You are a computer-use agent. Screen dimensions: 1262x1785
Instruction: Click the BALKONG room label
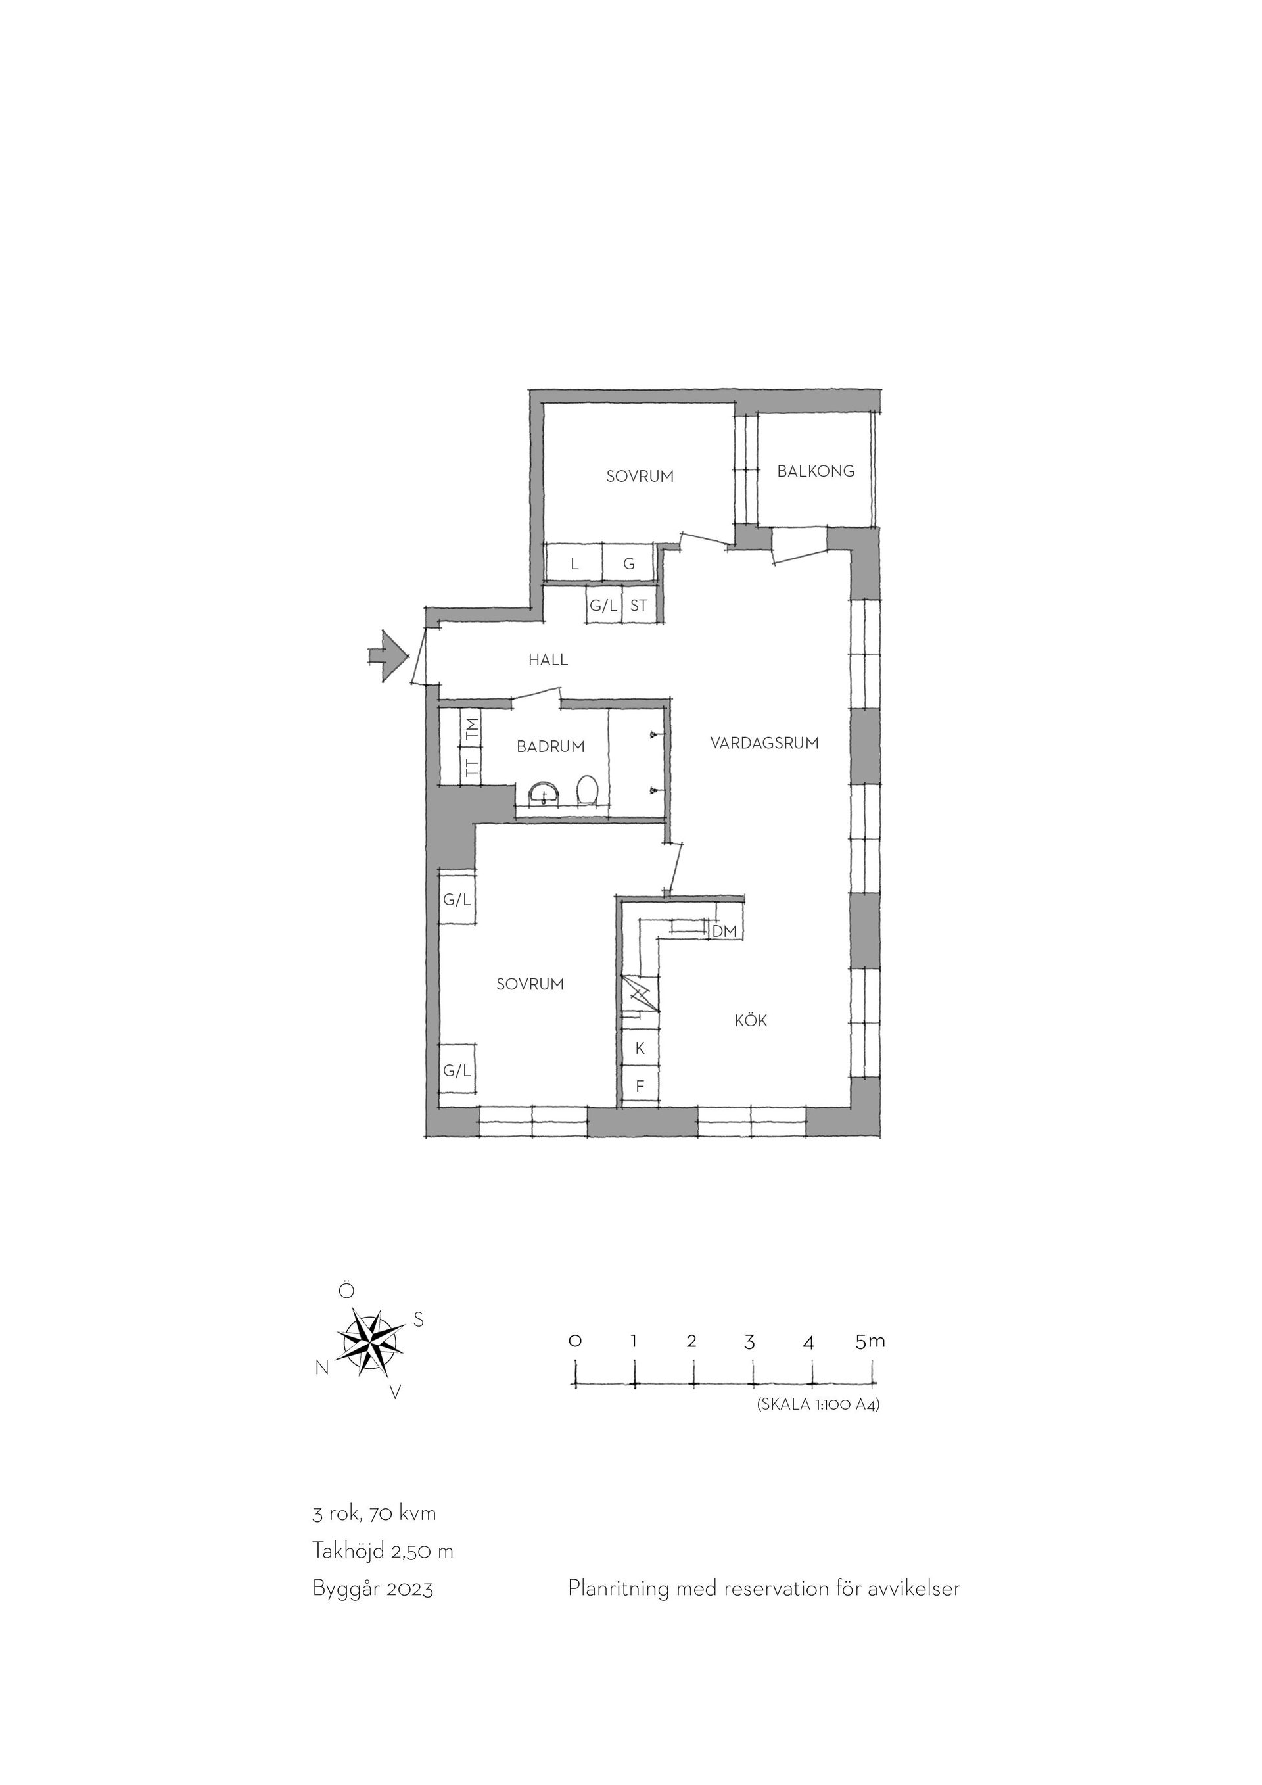coord(815,471)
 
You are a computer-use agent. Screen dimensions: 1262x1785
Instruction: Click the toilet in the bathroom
coord(587,792)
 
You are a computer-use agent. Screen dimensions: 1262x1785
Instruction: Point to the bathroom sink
coord(544,793)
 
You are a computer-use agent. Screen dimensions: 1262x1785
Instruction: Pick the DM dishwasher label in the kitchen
coord(724,930)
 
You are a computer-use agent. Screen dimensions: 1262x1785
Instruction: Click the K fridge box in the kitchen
coord(640,1049)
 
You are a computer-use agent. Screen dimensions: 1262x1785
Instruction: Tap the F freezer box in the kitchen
coord(640,1085)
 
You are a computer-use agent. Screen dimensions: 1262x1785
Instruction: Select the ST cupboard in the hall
coord(639,606)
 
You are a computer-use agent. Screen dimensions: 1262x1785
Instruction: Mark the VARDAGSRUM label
coord(764,743)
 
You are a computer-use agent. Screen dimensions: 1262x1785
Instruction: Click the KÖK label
coord(751,1021)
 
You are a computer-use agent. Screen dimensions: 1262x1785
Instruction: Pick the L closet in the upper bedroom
coord(574,563)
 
